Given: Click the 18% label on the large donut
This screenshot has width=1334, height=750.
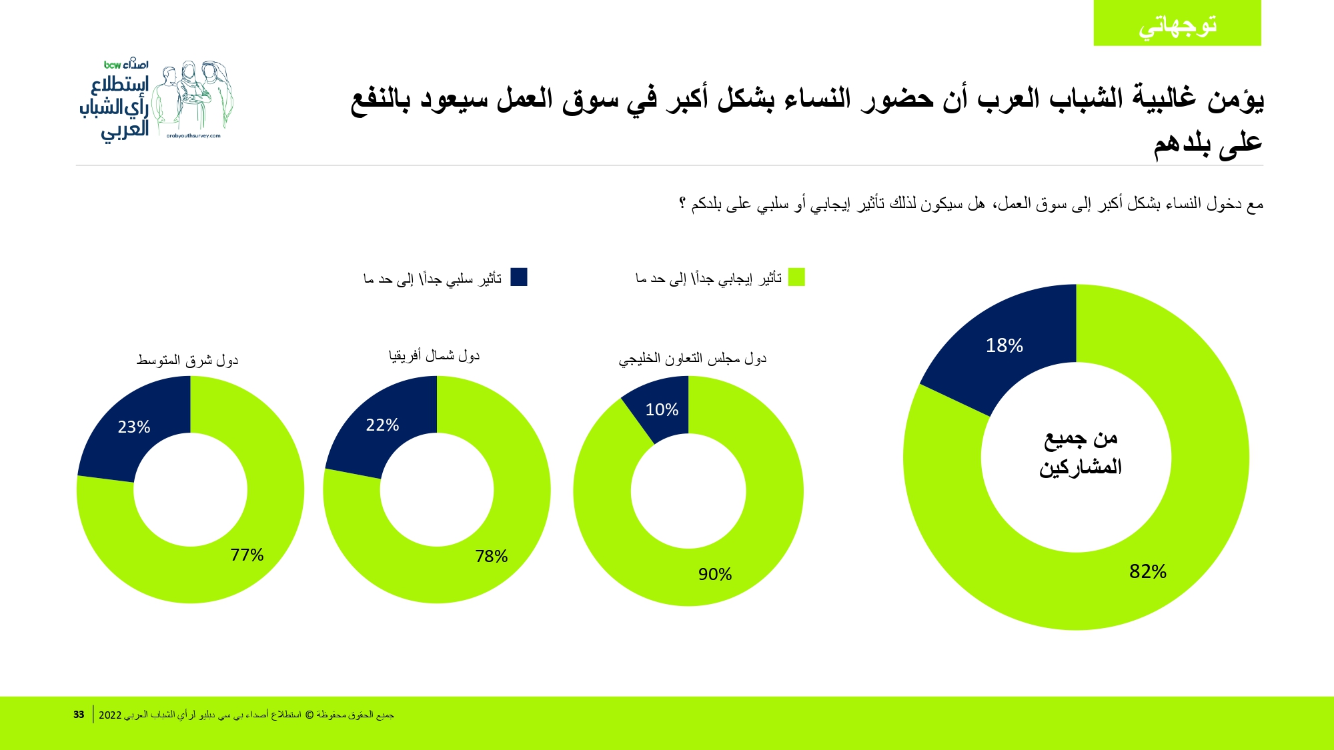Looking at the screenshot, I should [x=1004, y=345].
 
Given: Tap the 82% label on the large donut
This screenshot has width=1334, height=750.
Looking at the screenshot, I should [x=1147, y=571].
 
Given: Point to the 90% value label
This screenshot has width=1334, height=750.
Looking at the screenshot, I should [x=714, y=574].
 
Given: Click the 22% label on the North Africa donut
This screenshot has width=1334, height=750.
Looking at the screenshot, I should [x=382, y=425].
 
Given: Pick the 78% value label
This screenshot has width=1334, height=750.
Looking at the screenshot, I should [x=491, y=556].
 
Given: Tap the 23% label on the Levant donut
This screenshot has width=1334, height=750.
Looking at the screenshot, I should [x=133, y=427].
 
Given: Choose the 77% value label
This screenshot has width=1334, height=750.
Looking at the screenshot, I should [x=247, y=555].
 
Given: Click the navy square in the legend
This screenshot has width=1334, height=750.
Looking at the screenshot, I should [x=519, y=277].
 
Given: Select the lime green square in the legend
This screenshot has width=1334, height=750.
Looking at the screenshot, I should [x=796, y=277].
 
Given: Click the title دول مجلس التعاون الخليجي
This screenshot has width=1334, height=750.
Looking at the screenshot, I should [x=692, y=359].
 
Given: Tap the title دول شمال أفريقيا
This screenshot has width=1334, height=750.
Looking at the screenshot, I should [x=434, y=355].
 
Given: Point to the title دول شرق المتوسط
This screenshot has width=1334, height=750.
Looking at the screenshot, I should [x=187, y=360].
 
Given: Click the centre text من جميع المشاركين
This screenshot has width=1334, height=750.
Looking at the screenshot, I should [x=1080, y=453].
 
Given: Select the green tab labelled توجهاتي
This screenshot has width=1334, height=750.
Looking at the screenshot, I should [x=1177, y=23].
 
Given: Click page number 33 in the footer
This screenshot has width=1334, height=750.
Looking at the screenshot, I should [x=79, y=715].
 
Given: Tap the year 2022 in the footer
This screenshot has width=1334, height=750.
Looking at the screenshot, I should [x=110, y=715].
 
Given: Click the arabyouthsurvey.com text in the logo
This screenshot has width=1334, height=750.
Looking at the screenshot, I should [x=193, y=136].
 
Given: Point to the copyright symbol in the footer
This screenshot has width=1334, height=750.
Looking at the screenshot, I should [x=309, y=715].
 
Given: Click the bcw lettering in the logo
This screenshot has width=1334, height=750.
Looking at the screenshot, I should [x=112, y=65].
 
